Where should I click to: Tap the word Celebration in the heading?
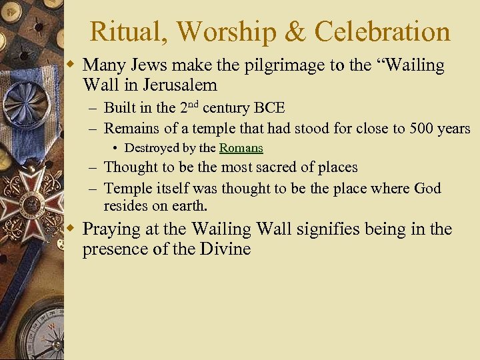[x=383, y=31]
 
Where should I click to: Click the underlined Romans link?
[x=241, y=148]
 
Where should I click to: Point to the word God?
[x=427, y=189]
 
